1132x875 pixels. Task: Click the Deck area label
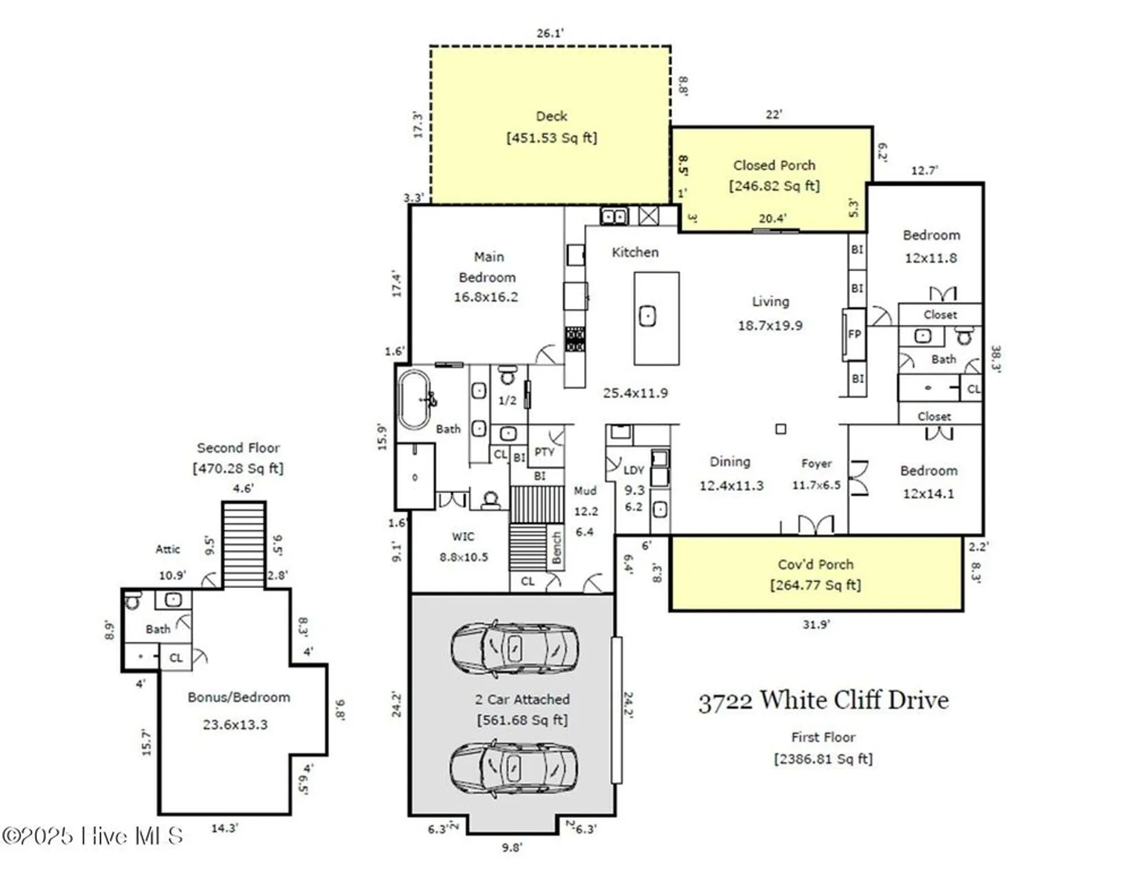click(x=551, y=117)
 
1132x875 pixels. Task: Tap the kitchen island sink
click(x=647, y=317)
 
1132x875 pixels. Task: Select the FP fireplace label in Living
click(x=854, y=334)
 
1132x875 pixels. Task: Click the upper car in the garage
click(x=515, y=648)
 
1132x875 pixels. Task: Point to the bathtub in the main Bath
click(x=414, y=400)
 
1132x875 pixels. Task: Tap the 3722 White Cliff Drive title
click(x=823, y=701)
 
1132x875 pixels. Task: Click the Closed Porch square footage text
click(x=774, y=186)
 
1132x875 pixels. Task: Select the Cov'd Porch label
click(x=815, y=564)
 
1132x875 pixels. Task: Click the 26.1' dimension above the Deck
click(x=550, y=33)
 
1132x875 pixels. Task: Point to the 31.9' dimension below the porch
click(x=816, y=625)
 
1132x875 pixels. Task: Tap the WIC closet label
click(x=463, y=537)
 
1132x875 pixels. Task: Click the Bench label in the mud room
click(x=556, y=548)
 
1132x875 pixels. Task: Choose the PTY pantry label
click(x=544, y=452)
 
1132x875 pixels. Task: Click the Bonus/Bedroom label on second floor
click(x=239, y=697)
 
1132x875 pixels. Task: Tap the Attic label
click(x=167, y=549)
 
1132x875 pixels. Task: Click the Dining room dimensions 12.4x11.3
click(x=731, y=486)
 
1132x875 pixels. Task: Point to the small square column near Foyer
click(x=781, y=429)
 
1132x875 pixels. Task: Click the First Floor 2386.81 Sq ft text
click(x=823, y=759)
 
